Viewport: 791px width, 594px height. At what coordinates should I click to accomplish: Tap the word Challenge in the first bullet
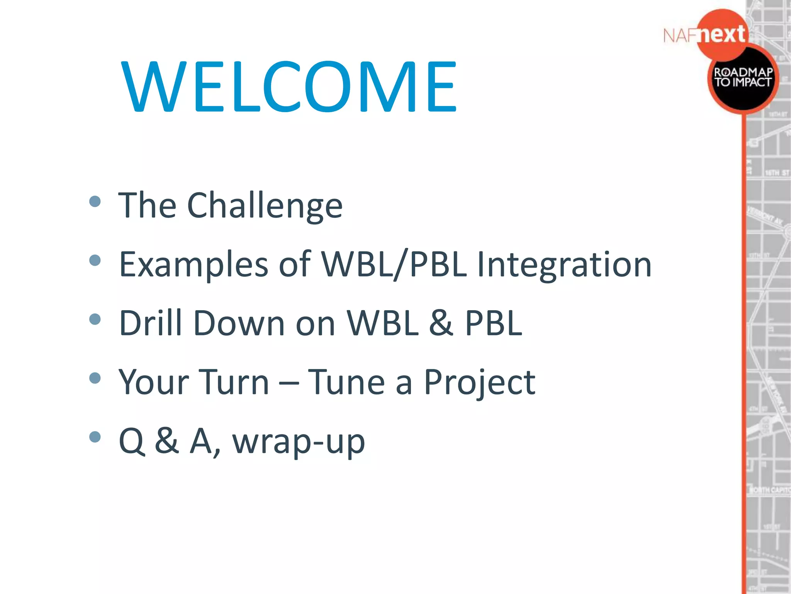[265, 206]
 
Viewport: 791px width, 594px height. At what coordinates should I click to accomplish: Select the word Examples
[194, 265]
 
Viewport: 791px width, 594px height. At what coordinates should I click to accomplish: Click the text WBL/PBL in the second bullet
[394, 265]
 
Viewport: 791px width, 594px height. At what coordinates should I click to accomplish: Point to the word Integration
[564, 265]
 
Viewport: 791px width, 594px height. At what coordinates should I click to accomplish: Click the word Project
[479, 383]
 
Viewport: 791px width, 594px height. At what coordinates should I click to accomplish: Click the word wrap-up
[298, 442]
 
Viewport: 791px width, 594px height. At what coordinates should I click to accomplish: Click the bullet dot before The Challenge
[95, 201]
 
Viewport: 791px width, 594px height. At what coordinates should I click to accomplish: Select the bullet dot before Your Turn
[95, 378]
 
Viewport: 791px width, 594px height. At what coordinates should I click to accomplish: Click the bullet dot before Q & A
[95, 437]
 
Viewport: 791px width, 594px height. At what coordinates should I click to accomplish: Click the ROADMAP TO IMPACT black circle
[742, 78]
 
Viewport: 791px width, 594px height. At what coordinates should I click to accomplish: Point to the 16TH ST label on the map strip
[776, 173]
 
